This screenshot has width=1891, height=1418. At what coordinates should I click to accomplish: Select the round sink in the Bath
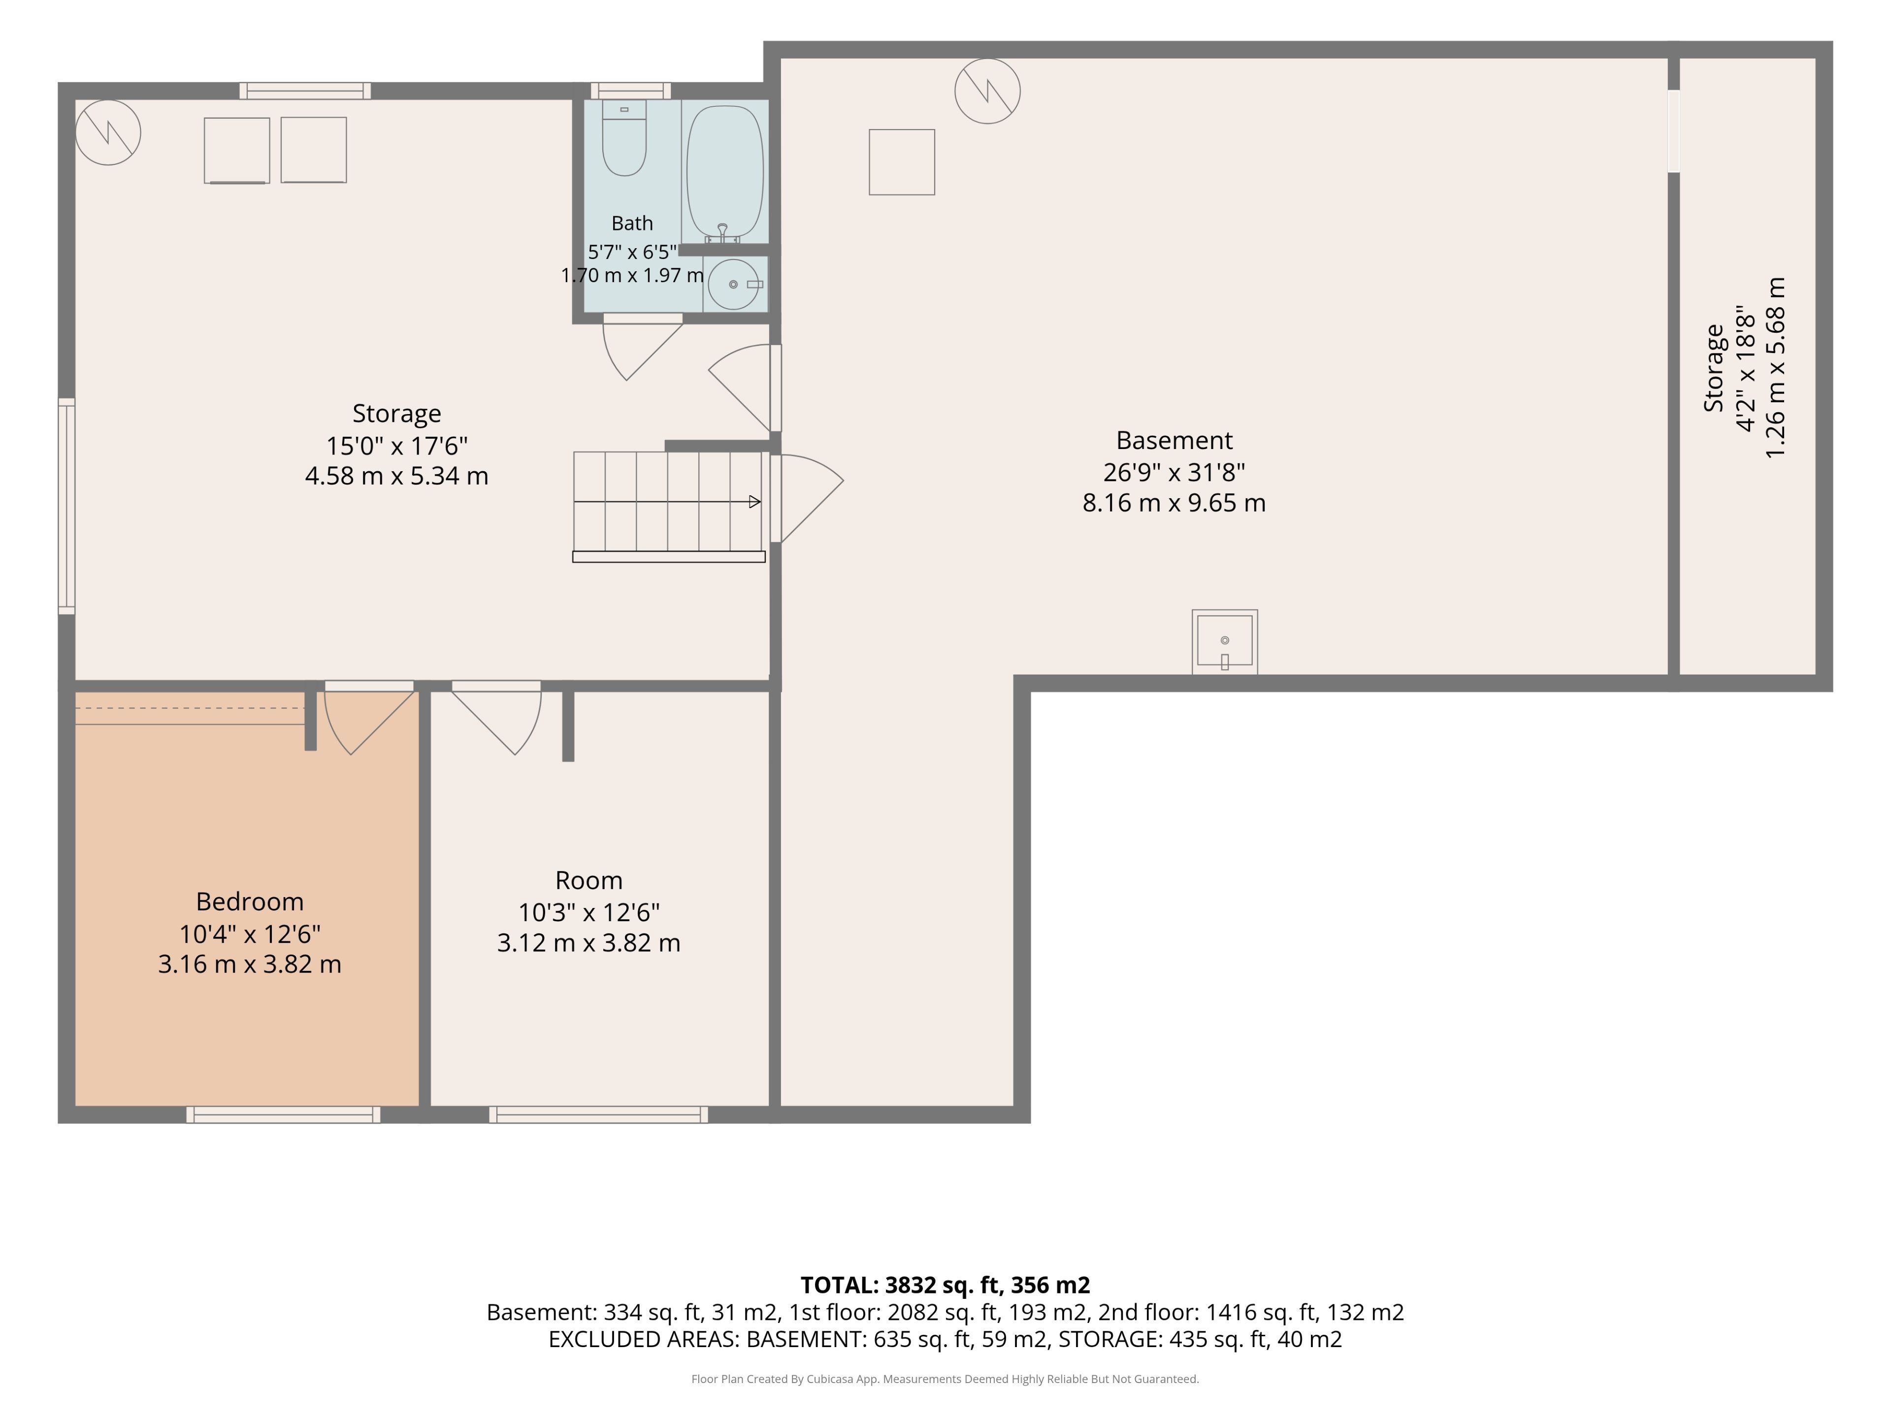click(x=733, y=284)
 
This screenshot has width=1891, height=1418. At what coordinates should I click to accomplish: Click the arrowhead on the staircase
click(x=755, y=502)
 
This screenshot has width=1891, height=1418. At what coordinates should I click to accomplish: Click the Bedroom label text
click(x=250, y=902)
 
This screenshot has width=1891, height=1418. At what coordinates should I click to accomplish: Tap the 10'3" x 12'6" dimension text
click(x=589, y=913)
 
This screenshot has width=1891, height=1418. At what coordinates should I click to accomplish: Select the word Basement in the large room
click(x=1174, y=440)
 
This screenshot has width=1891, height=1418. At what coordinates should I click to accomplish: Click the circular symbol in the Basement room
click(x=987, y=91)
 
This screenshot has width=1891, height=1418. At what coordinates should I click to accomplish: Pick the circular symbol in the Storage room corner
click(x=108, y=132)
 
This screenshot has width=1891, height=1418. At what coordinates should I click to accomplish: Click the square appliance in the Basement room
click(x=902, y=162)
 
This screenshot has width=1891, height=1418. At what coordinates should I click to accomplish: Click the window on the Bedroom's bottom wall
click(x=283, y=1115)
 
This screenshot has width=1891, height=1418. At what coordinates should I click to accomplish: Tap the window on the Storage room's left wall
click(x=66, y=506)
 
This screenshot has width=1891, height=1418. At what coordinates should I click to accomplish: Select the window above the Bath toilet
click(x=631, y=91)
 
